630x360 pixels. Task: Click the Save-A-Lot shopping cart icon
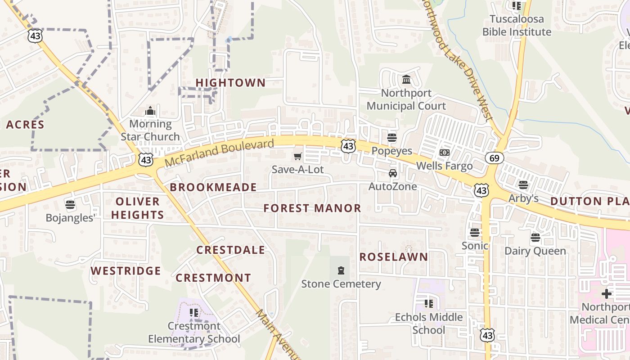[297, 156]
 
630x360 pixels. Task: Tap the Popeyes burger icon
[392, 137]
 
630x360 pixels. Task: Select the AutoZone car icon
[393, 173]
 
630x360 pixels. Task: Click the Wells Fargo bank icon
[445, 153]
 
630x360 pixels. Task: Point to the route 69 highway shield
[494, 158]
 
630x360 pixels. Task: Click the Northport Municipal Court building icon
[406, 80]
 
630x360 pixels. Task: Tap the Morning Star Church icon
[150, 111]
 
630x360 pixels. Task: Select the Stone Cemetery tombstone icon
[341, 270]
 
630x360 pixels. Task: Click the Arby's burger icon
[523, 184]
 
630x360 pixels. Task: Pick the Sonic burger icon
[475, 232]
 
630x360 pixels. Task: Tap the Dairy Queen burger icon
[535, 237]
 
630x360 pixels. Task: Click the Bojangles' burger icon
[70, 205]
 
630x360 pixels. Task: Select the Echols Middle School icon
[428, 303]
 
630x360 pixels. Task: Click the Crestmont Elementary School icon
[194, 312]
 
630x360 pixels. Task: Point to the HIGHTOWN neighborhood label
[230, 83]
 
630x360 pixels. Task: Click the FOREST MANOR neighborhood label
[312, 208]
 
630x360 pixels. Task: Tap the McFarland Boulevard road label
[219, 153]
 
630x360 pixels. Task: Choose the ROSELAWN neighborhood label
[394, 257]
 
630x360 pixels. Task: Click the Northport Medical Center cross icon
[607, 294]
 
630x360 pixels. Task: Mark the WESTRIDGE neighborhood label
[126, 271]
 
